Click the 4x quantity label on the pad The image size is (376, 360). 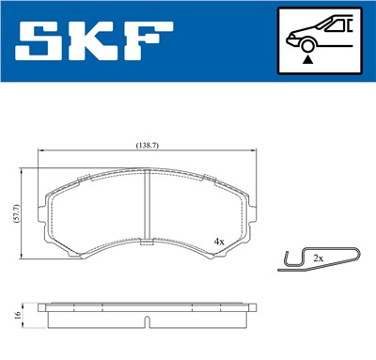(219, 242)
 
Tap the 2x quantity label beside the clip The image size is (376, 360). (318, 257)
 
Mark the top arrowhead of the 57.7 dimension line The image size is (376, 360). (23, 172)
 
